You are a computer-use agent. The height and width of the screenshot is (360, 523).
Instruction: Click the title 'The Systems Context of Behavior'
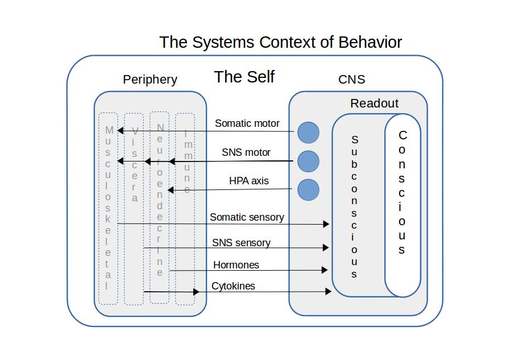(280, 42)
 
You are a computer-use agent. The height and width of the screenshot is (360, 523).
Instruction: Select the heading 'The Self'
(244, 77)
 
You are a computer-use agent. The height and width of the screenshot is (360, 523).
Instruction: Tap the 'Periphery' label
(150, 80)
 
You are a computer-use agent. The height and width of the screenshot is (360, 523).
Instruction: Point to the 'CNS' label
(351, 80)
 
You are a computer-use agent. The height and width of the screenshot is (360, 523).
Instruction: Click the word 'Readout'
(374, 104)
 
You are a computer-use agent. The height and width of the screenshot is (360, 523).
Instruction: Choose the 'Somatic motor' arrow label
(247, 123)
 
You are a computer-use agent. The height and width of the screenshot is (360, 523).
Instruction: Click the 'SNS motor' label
(246, 152)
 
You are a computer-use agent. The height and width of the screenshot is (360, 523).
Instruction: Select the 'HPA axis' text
(249, 181)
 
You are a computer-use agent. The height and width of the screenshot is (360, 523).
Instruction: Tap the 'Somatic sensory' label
(247, 217)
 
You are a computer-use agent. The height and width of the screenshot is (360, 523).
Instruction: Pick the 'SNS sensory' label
(241, 243)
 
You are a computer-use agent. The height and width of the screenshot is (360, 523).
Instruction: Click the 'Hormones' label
(236, 265)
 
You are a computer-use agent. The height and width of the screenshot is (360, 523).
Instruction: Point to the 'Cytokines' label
(233, 286)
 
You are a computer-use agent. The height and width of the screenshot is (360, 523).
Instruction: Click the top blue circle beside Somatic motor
(309, 133)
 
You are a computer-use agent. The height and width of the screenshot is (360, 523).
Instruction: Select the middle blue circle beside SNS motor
(309, 162)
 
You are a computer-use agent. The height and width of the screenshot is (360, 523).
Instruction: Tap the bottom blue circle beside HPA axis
(309, 190)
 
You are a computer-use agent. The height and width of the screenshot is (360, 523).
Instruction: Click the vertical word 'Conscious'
(402, 193)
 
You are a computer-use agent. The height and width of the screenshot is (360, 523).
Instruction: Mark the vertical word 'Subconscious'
(354, 206)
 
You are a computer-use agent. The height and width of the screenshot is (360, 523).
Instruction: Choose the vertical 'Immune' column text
(186, 163)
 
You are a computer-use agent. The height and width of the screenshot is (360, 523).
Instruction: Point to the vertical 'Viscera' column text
(134, 164)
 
